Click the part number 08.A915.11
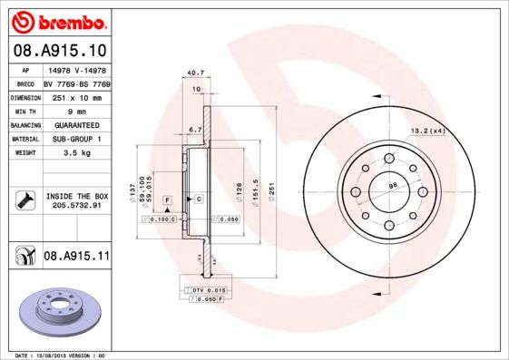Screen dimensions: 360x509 [76, 257]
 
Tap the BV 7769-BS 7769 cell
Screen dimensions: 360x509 [76, 82]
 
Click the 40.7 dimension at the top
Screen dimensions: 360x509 [193, 73]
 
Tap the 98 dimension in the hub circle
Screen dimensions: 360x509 [394, 186]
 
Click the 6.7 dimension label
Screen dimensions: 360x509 [194, 129]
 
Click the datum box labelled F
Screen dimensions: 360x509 [167, 199]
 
